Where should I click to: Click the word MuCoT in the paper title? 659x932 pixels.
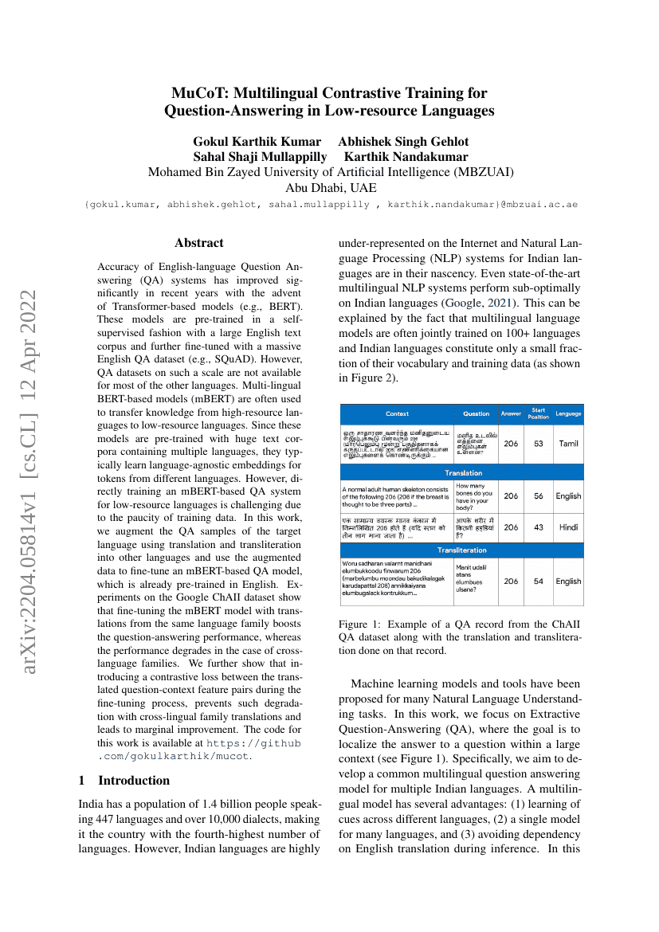pos(198,93)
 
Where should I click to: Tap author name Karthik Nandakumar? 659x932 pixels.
pos(406,156)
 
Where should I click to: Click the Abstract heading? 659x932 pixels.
pos(199,243)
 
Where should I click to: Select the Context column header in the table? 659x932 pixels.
pos(397,413)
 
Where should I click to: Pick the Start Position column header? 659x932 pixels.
pos(539,413)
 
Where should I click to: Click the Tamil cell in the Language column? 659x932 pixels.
pos(568,443)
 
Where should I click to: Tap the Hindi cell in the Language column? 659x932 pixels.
pos(568,527)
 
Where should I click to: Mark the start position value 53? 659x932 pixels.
pos(539,443)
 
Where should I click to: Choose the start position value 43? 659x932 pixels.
pos(539,527)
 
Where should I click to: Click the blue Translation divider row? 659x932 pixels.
pos(462,472)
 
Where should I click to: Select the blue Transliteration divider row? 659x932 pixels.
pos(462,550)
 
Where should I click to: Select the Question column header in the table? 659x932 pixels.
pos(477,413)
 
